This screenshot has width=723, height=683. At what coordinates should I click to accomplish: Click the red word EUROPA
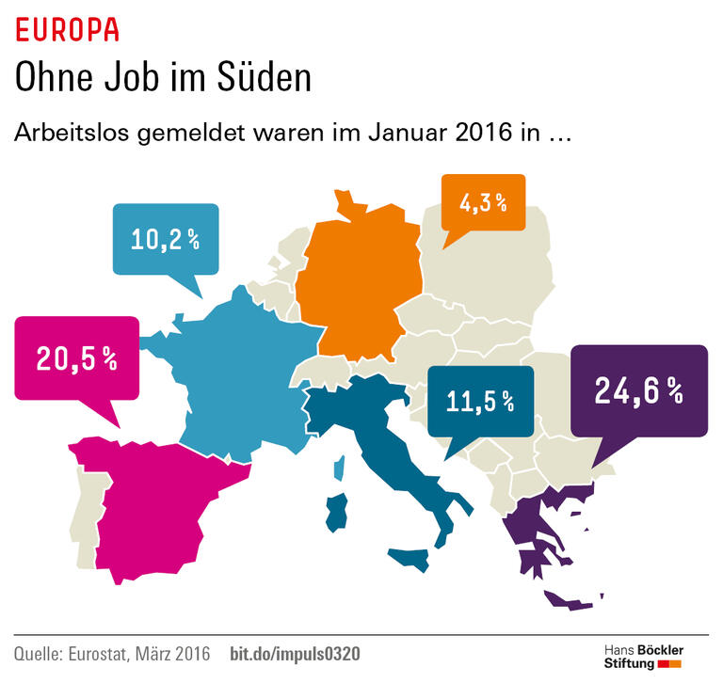pyautogui.click(x=67, y=30)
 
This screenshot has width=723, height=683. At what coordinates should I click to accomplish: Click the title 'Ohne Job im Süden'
pyautogui.click(x=162, y=77)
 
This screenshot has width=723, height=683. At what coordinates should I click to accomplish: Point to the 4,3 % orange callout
pyautogui.click(x=483, y=202)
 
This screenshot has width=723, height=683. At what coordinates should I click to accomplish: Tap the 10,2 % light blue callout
pyautogui.click(x=165, y=239)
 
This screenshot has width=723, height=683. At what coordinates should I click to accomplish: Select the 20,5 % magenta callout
pyautogui.click(x=75, y=357)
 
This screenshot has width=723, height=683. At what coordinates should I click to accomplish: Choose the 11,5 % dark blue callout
pyautogui.click(x=480, y=402)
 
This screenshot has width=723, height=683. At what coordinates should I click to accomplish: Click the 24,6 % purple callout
pyautogui.click(x=637, y=389)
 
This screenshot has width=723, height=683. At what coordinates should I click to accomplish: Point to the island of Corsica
pyautogui.click(x=340, y=465)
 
